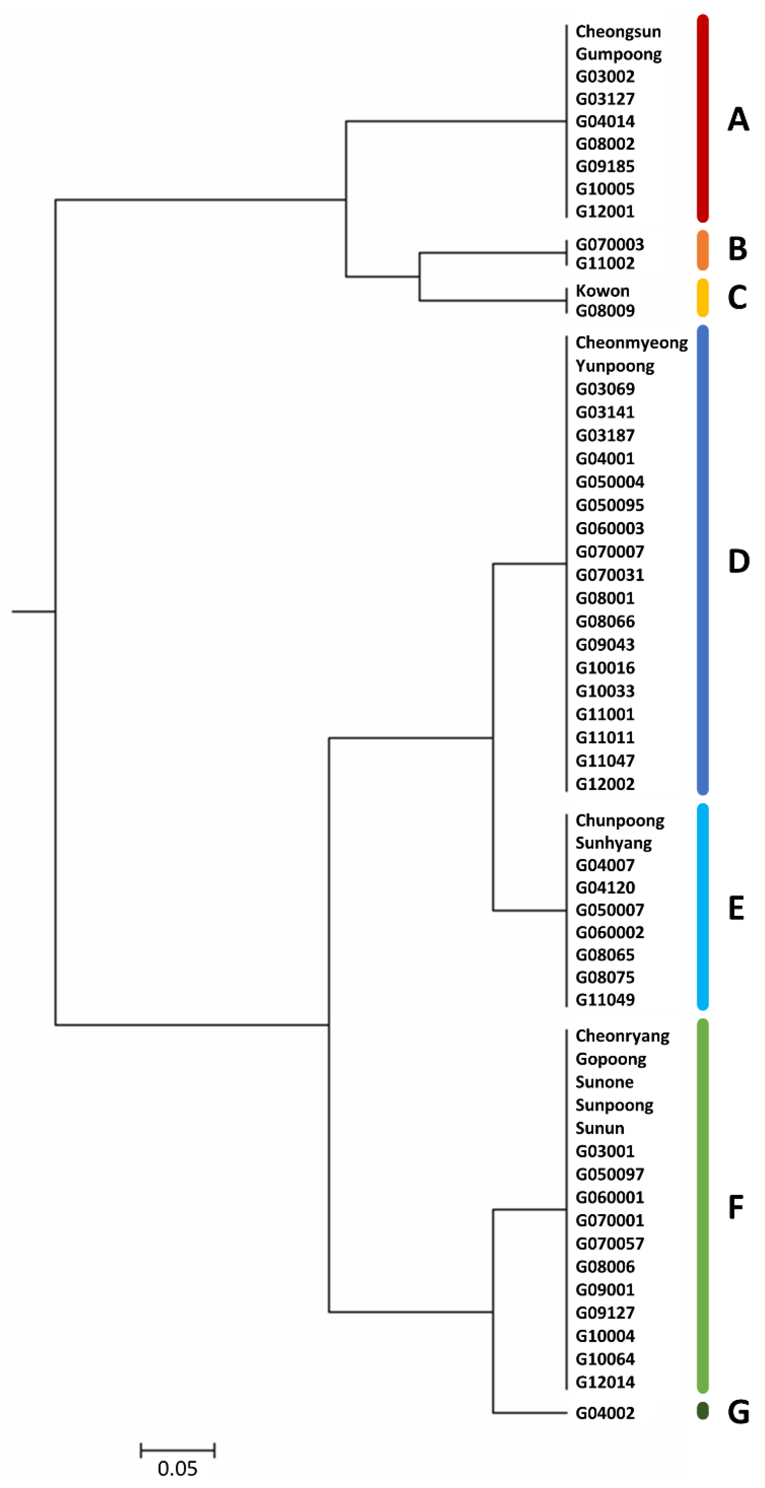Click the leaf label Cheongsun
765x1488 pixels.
coord(618,31)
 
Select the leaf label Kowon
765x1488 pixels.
coord(602,291)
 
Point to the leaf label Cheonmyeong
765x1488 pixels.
coord(631,343)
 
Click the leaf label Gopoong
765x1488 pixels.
coord(611,1059)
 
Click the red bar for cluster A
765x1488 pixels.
coord(703,118)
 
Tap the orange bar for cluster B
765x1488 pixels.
coord(703,250)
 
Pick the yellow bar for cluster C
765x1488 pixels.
coord(703,297)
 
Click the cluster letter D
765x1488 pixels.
coord(739,561)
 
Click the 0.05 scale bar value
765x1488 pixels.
coord(177,1468)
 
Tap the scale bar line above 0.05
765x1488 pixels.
coord(177,1450)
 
